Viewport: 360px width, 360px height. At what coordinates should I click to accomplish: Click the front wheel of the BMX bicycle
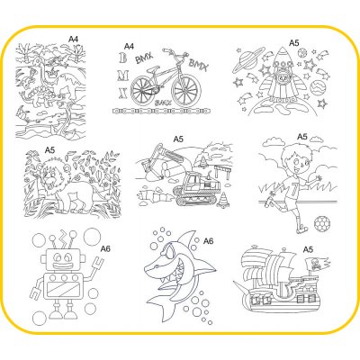coord(186,89)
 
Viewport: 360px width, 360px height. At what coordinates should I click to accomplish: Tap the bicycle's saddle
coord(151,68)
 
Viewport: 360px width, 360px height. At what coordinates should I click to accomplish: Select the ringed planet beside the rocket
coord(245,63)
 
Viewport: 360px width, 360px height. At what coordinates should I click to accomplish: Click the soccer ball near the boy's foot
coord(322,223)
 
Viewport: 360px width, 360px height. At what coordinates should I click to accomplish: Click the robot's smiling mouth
coord(61,265)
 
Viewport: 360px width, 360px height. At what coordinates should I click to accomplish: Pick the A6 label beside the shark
coord(208,241)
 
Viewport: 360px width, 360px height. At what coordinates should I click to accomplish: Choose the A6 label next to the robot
coord(105,248)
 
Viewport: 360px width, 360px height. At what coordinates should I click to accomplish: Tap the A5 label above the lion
coord(49,150)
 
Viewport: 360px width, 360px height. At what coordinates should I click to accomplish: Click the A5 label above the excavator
coord(178,139)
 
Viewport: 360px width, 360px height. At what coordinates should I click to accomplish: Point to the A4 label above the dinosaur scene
coord(74,39)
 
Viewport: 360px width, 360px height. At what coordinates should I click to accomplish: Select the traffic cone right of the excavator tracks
coord(223,200)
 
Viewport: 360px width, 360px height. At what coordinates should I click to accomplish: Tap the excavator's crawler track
coord(196,196)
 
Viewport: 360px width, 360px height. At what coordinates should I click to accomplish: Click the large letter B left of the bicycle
coord(122,58)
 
